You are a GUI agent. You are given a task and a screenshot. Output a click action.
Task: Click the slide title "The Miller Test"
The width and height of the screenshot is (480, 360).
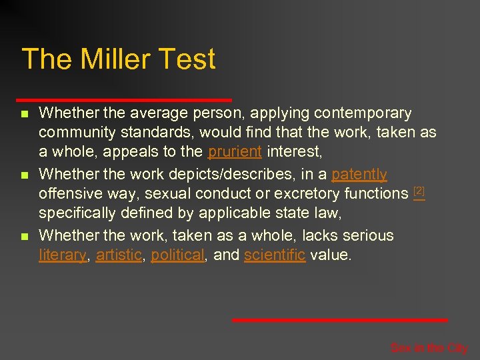click(x=119, y=59)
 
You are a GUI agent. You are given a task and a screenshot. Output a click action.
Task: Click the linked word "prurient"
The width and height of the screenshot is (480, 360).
click(x=235, y=152)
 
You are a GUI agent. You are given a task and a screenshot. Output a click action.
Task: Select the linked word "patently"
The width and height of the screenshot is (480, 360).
click(x=359, y=175)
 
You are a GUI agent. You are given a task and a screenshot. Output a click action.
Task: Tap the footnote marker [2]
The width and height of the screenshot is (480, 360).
click(x=419, y=191)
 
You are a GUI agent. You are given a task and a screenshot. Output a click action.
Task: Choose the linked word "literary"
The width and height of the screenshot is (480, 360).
click(x=63, y=255)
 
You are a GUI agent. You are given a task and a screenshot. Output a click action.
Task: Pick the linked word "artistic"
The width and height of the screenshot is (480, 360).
click(x=119, y=255)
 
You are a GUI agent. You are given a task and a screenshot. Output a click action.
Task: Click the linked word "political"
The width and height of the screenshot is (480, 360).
click(x=177, y=255)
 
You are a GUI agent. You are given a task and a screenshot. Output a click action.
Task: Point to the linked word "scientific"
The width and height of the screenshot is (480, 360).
click(x=275, y=255)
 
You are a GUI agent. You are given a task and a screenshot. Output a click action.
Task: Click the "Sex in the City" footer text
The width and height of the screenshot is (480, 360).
click(x=429, y=347)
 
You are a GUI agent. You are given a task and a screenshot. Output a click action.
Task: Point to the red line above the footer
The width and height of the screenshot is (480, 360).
click(x=339, y=321)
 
